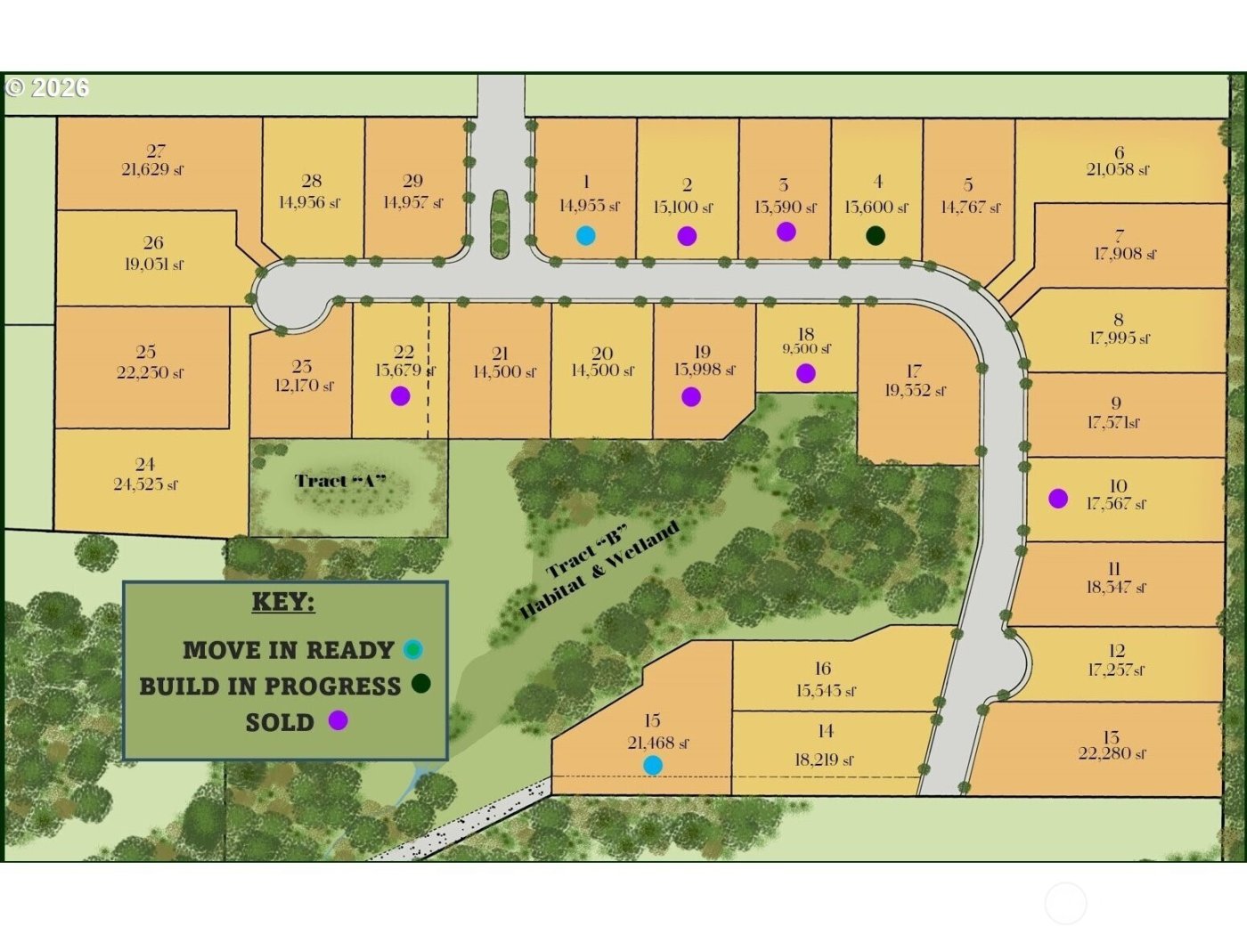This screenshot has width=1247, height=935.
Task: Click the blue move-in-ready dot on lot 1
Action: (x=585, y=235)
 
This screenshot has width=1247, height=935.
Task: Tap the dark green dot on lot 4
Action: (x=876, y=235)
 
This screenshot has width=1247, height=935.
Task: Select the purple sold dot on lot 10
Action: (x=1057, y=498)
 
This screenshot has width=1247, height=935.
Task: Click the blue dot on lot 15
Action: (x=653, y=765)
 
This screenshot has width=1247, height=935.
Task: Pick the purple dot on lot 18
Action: (x=805, y=373)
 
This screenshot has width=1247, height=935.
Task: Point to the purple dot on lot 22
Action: (x=400, y=396)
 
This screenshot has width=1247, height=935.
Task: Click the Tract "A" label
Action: (x=341, y=481)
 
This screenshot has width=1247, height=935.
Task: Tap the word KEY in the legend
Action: (x=283, y=602)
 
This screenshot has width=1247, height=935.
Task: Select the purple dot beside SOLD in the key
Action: (x=338, y=720)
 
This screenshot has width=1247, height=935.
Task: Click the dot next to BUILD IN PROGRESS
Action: (x=421, y=683)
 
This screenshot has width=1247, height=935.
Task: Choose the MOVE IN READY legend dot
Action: (x=412, y=649)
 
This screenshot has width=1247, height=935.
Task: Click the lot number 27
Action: (x=156, y=150)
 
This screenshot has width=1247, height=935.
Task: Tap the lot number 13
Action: (x=1111, y=736)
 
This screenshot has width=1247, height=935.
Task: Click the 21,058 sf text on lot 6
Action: (x=1118, y=169)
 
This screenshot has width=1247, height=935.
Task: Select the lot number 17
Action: (x=914, y=370)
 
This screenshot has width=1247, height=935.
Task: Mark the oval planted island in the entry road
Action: (x=500, y=224)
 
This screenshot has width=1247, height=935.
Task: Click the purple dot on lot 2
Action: (x=686, y=236)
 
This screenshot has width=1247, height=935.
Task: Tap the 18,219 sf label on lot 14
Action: (x=824, y=760)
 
